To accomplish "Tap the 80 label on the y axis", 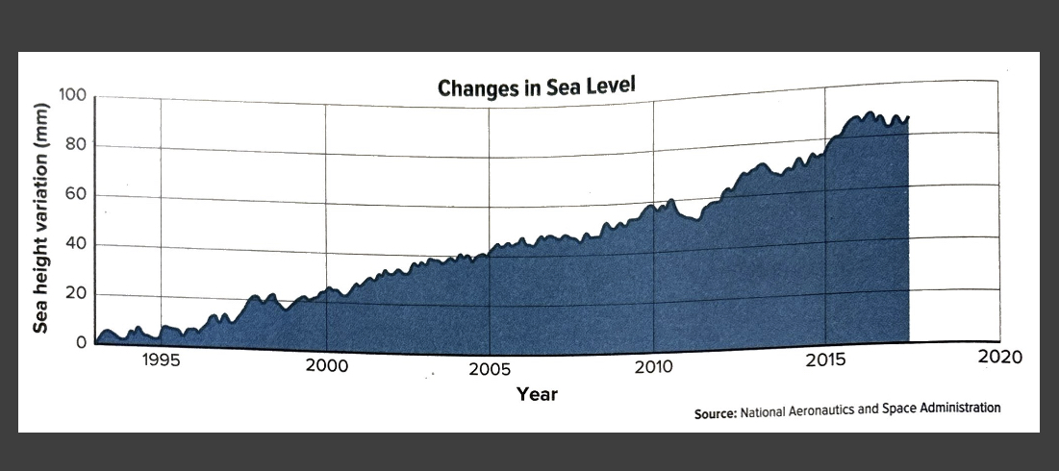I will (x=76, y=145).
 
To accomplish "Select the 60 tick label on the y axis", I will (x=76, y=195).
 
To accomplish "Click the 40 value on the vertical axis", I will (x=76, y=244).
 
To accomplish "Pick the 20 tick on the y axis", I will (x=76, y=294).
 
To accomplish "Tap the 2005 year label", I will (x=491, y=371).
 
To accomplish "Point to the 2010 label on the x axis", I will (x=654, y=369).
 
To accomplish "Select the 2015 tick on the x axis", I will (x=825, y=362).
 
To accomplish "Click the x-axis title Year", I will (x=537, y=394).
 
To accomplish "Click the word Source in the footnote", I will (x=715, y=413).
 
